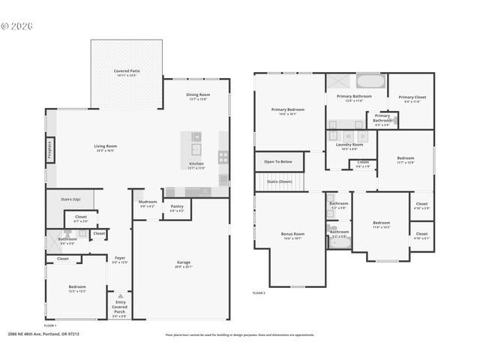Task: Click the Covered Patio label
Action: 127,72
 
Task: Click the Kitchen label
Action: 196,164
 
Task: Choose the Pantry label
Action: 177,208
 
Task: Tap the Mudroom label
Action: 147,204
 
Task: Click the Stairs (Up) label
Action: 61,199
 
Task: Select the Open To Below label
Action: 277,161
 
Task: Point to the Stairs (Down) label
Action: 280,181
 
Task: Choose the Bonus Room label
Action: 292,235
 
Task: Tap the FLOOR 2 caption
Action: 259,292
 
